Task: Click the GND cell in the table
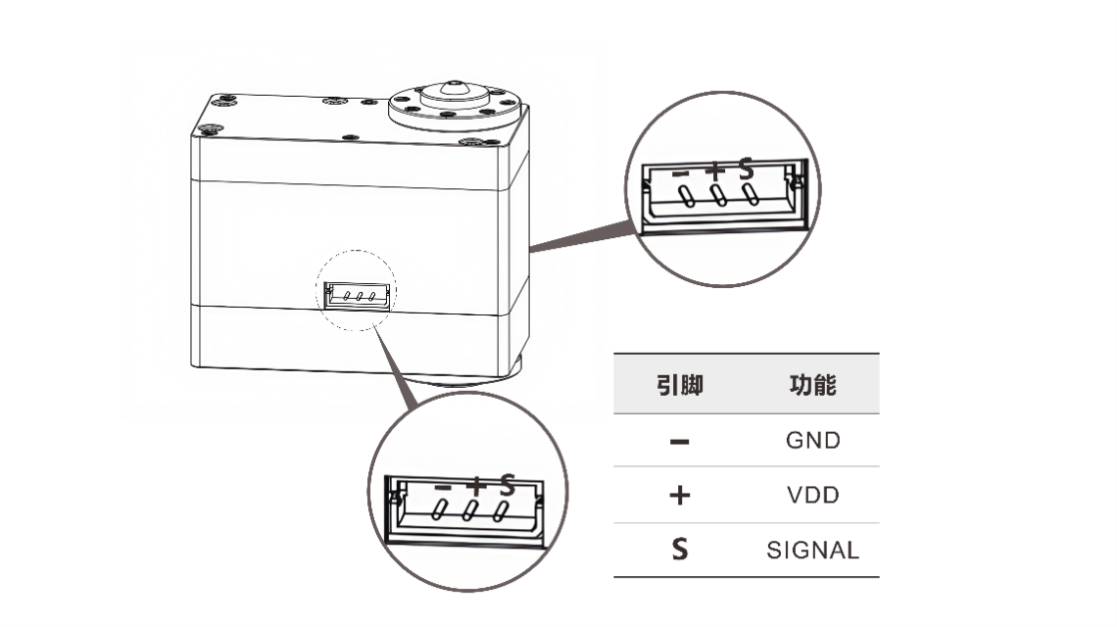[x=812, y=440]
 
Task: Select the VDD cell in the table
[x=812, y=495]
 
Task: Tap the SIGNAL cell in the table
[x=812, y=551]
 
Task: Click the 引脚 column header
[x=679, y=385]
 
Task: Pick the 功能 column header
[x=812, y=385]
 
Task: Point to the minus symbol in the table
[x=679, y=441]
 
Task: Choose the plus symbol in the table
[x=679, y=495]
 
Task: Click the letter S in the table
[x=679, y=551]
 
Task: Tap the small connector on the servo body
[x=356, y=295]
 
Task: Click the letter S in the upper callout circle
[x=747, y=169]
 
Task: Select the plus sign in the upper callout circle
[x=716, y=170]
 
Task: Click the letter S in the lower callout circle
[x=507, y=483]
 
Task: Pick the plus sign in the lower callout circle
[x=475, y=484]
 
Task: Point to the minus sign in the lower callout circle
[x=443, y=485]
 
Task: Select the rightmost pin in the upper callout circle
[x=752, y=195]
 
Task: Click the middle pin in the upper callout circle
[x=719, y=196]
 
